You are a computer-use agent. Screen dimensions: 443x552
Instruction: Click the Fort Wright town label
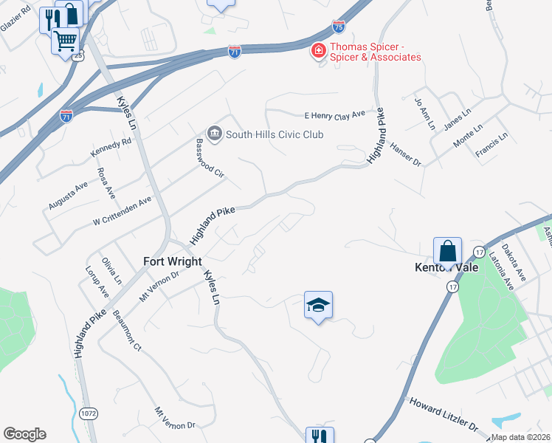[171, 261]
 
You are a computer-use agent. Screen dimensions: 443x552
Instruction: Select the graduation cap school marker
[319, 306]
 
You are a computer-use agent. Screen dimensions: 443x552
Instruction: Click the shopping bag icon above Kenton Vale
[447, 250]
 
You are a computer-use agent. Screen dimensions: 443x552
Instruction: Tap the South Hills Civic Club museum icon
[215, 134]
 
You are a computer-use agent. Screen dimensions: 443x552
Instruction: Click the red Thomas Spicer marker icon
[318, 52]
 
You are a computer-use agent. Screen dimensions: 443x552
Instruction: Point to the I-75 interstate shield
[338, 27]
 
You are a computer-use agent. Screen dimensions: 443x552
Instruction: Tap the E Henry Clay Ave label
[335, 115]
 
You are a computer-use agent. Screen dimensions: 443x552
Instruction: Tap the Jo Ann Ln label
[426, 114]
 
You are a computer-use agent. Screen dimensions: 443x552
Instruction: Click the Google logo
[24, 434]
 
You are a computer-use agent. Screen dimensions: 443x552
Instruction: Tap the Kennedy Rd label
[106, 146]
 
